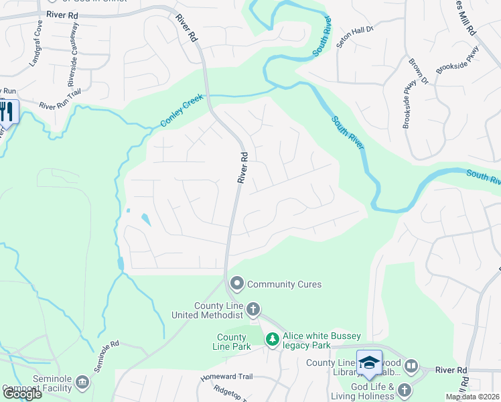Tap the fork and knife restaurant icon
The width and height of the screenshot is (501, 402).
[x=7, y=111]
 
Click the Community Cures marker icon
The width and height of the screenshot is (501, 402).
[x=236, y=284]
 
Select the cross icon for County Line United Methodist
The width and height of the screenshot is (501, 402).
[x=253, y=310]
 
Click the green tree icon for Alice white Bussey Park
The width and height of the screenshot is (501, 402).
[x=272, y=340]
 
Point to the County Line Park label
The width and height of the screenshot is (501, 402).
[x=233, y=342]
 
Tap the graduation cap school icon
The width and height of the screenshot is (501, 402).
[x=369, y=362]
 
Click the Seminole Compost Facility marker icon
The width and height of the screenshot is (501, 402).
[x=82, y=383]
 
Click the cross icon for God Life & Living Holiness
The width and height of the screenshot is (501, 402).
[x=404, y=390]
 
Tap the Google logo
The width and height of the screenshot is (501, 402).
[x=21, y=393]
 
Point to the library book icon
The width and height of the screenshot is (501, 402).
[x=411, y=366]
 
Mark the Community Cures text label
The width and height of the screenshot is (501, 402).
[x=285, y=284]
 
